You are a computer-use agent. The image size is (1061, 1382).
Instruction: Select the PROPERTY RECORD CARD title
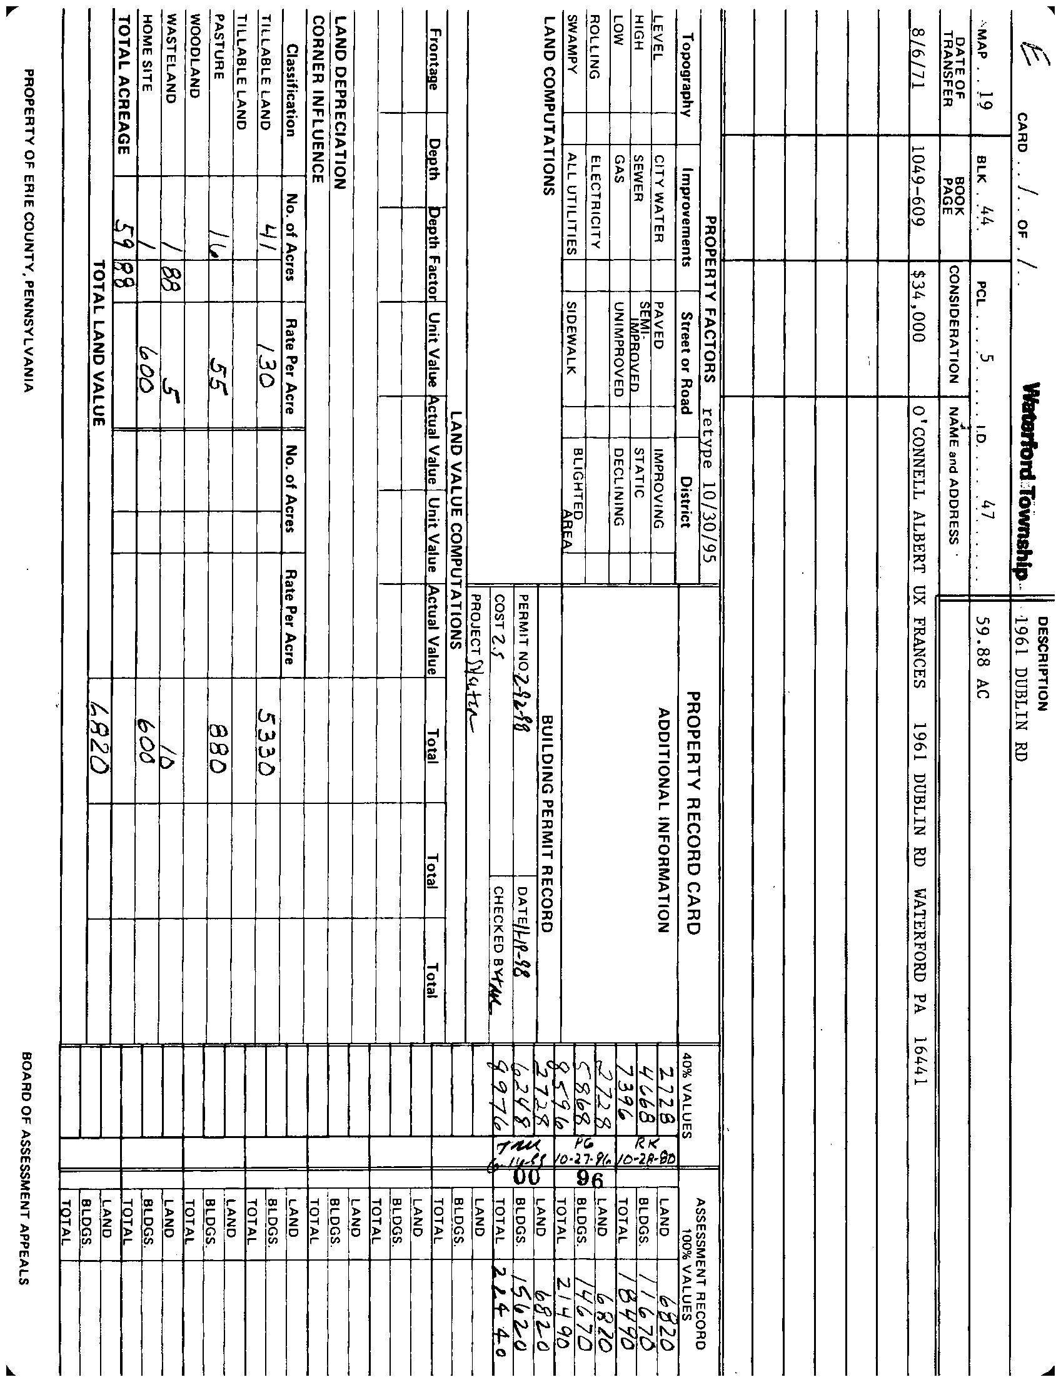point(693,813)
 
